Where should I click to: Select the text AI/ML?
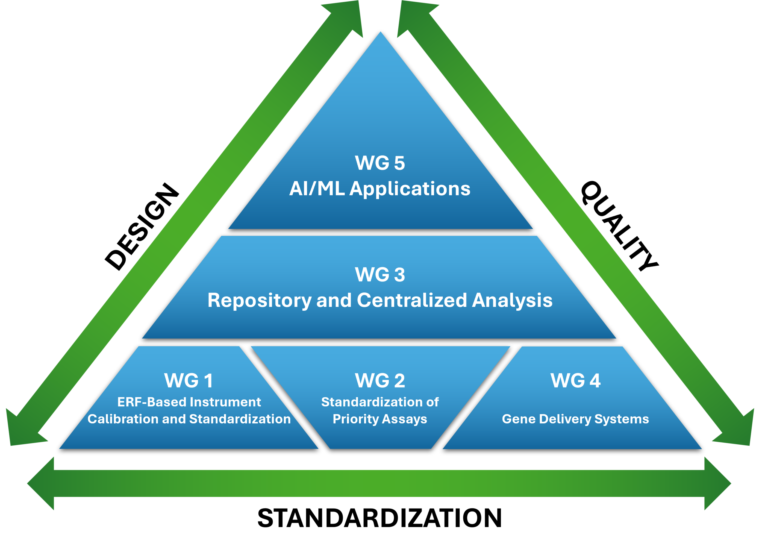[x=317, y=189]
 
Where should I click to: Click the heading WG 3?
[x=380, y=275]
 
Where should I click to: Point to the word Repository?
[x=259, y=300]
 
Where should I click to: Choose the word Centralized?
[x=412, y=300]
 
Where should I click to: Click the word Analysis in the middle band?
[x=512, y=300]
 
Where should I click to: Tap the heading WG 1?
[x=189, y=381]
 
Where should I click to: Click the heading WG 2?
[x=380, y=381]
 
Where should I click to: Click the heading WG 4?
[x=575, y=381]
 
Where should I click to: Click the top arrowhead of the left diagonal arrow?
[x=348, y=17]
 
